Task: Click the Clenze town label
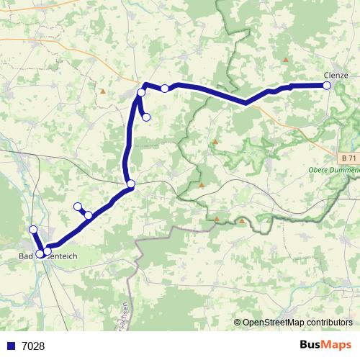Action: tap(336, 75)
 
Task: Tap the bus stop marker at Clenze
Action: tap(326, 86)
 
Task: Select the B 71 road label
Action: tap(348, 158)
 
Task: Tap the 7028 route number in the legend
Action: tap(33, 346)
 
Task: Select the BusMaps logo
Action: tap(326, 345)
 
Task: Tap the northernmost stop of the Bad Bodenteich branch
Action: tap(32, 230)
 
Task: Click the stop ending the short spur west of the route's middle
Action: tap(78, 207)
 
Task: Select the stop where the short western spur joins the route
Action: tap(89, 215)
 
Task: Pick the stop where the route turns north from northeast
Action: tap(130, 184)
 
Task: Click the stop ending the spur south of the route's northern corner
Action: tap(146, 117)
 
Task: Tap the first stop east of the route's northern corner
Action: tap(165, 89)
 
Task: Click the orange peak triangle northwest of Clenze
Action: tap(286, 60)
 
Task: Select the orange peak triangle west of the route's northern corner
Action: tap(103, 91)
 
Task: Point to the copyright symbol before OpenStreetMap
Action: tap(238, 323)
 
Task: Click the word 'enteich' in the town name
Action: tap(63, 256)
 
